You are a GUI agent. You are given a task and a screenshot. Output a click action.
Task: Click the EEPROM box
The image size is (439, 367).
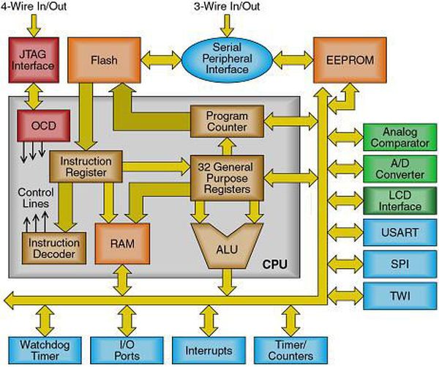pyautogui.click(x=346, y=57)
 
